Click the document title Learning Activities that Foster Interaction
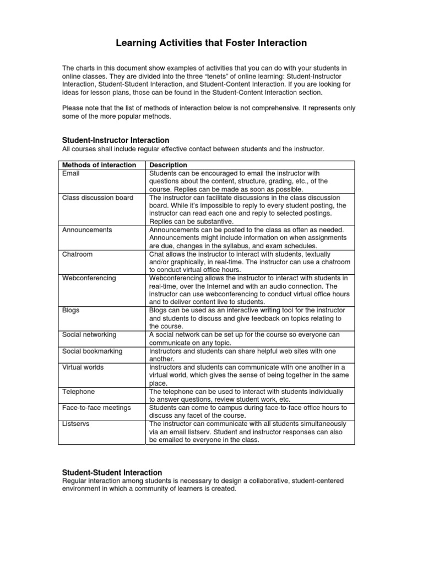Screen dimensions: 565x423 (x=211, y=42)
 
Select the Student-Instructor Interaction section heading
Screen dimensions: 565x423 (x=115, y=140)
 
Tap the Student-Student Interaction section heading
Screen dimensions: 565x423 (x=112, y=472)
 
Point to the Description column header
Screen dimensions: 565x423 (x=169, y=165)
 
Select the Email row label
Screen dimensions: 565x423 (x=72, y=173)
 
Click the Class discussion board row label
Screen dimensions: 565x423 (x=97, y=198)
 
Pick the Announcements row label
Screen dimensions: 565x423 (x=87, y=230)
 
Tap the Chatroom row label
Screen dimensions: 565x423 (x=78, y=254)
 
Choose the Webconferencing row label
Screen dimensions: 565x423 (x=89, y=278)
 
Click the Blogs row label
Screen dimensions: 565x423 (x=71, y=310)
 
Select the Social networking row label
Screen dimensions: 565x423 (x=89, y=335)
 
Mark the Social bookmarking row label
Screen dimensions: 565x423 (x=92, y=351)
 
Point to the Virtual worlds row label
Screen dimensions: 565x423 (x=83, y=367)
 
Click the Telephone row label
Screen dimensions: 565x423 (x=79, y=391)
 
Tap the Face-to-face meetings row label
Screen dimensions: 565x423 (x=96, y=407)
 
